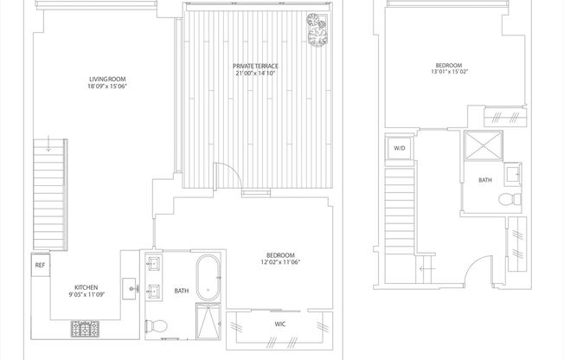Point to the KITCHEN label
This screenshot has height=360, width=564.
tap(86, 287)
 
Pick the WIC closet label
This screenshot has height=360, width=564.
tap(279, 325)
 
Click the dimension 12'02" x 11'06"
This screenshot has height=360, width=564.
tap(280, 262)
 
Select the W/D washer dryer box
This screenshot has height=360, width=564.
tap(400, 149)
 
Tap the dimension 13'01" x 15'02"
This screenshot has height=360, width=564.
tap(448, 73)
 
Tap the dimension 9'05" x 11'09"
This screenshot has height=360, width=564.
tap(86, 295)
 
